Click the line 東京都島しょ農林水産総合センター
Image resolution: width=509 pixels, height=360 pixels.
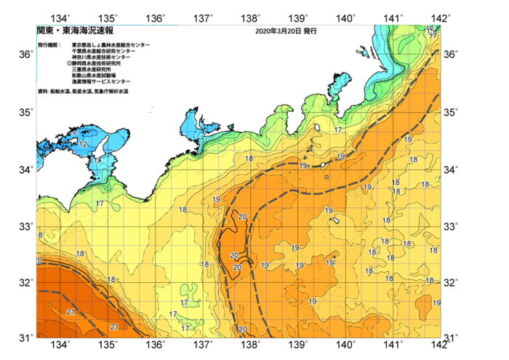(111, 45)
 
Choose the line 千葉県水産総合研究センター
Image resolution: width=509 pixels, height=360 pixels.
(105, 51)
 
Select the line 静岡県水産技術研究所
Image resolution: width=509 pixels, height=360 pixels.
(101, 64)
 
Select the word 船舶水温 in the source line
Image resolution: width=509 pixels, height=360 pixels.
(60, 92)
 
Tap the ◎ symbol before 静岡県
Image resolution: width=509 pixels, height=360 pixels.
(69, 64)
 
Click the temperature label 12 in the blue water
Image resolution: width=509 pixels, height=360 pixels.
(84, 145)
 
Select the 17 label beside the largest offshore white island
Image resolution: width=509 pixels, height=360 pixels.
(338, 130)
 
